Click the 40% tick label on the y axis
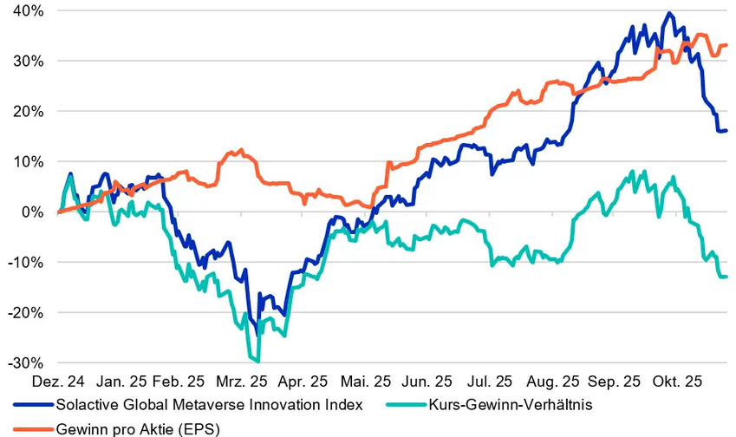click(x=29, y=11)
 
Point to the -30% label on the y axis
click(x=25, y=362)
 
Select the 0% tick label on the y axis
click(x=35, y=212)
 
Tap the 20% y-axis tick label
click(x=29, y=111)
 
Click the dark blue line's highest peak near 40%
click(x=668, y=14)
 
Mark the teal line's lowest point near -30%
click(x=257, y=361)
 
